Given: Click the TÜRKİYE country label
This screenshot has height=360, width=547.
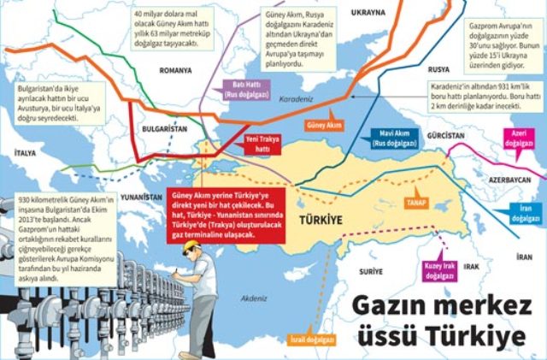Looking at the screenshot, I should tap(320, 220).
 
